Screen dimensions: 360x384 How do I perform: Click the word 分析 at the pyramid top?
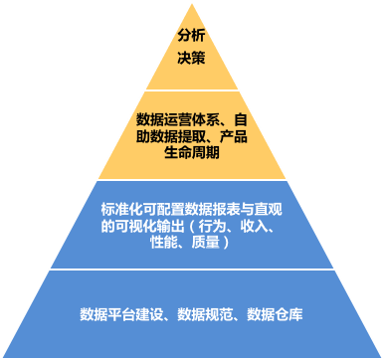tap(191, 37)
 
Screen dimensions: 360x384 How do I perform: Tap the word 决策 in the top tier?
tap(191, 59)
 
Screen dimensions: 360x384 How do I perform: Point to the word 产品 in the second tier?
tap(234, 137)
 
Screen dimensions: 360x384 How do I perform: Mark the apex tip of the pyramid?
tap(191, 3)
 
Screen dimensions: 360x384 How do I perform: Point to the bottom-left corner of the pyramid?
tap(4, 356)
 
